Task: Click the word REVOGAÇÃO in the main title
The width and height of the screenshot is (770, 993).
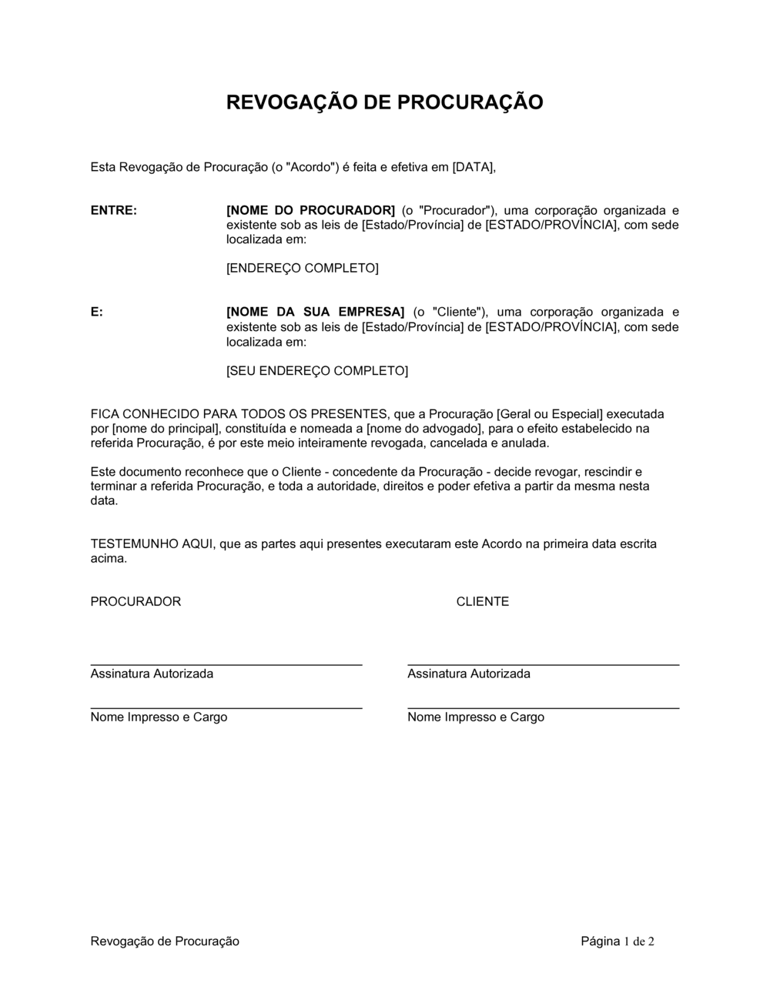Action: [290, 102]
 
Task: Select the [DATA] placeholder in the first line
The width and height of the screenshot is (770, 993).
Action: [473, 166]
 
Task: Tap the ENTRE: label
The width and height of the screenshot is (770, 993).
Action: [114, 210]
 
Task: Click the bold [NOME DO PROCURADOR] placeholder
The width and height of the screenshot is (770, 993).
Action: [310, 210]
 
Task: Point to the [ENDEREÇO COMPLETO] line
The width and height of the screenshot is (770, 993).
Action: [302, 269]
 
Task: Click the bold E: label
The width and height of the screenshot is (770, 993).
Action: [97, 312]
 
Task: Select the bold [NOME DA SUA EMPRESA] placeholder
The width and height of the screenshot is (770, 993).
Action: [314, 312]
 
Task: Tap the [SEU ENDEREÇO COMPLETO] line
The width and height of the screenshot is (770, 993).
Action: [316, 371]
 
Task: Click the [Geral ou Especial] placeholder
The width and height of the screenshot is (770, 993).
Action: [550, 414]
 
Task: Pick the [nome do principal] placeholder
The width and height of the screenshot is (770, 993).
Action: [166, 429]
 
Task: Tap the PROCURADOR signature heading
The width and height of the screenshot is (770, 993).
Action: [136, 602]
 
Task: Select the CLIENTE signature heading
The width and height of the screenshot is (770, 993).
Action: [483, 602]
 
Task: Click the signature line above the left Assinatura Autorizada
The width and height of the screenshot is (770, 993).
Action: [226, 664]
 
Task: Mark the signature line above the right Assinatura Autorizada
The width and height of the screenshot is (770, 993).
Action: [543, 664]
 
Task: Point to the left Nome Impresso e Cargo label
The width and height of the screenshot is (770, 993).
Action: [159, 717]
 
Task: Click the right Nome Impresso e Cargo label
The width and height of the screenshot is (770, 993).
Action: [476, 717]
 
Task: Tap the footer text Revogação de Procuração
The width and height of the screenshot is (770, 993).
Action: [165, 941]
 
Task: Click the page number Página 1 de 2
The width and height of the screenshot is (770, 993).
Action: [618, 941]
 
